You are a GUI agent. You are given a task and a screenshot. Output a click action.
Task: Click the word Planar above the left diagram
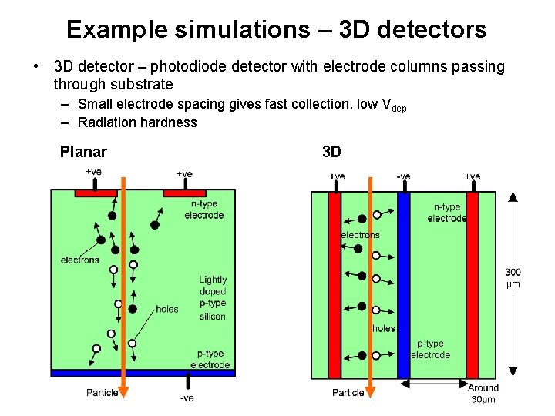click(x=83, y=152)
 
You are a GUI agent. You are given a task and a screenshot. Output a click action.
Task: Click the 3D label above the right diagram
click(x=331, y=152)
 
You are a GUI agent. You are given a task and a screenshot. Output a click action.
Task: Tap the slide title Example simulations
click(x=276, y=29)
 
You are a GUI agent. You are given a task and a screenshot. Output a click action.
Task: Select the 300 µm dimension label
click(x=513, y=277)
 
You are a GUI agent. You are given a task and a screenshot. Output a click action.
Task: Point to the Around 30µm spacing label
click(x=483, y=393)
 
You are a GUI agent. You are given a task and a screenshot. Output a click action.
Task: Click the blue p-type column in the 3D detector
click(x=403, y=285)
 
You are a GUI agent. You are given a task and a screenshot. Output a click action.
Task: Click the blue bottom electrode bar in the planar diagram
click(x=143, y=373)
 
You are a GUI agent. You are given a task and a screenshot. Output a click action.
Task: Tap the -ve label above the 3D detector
click(x=403, y=176)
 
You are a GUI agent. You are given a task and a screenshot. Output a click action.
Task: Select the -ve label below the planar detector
click(x=187, y=398)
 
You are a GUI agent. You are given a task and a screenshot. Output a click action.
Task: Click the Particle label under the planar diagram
click(x=102, y=393)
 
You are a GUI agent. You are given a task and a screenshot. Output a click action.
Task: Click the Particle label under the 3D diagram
click(x=348, y=393)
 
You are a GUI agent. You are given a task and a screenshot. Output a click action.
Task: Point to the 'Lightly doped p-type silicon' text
click(x=213, y=298)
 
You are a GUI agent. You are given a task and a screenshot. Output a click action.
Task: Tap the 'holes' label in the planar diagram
click(x=166, y=309)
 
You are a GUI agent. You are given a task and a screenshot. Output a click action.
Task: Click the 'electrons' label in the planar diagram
click(x=80, y=260)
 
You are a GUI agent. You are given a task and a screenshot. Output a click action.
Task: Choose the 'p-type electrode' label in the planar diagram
click(x=210, y=359)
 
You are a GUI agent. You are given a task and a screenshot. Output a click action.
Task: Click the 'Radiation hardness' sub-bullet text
click(x=137, y=122)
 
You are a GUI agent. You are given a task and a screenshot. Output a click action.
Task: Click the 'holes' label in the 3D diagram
click(x=383, y=328)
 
